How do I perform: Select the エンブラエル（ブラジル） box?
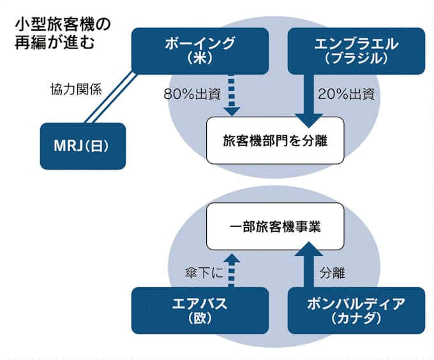356,50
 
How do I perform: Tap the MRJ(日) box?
83,146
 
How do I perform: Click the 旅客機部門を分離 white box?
275,139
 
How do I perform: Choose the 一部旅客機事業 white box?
275,227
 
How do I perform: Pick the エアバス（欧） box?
200,310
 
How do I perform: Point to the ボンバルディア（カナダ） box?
356,310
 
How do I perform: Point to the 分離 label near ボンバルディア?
332,273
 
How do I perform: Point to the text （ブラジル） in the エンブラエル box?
356,59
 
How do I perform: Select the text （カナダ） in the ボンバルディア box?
356,319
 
